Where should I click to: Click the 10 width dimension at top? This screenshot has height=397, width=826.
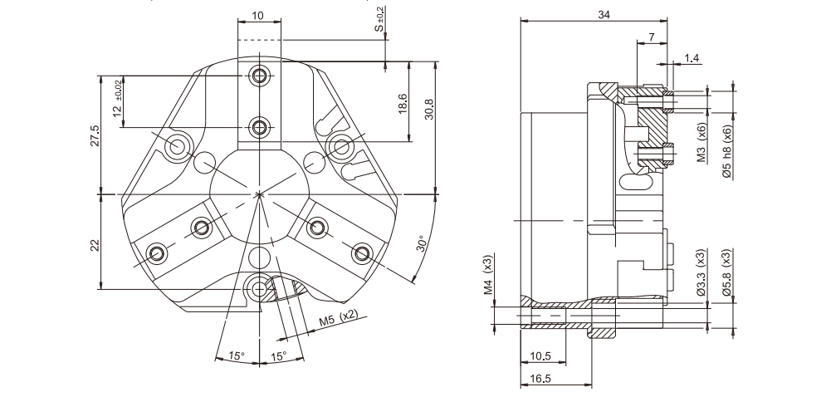(x=258, y=16)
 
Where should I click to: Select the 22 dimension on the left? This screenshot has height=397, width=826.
(x=95, y=244)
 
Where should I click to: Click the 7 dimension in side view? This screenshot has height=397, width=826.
(x=652, y=37)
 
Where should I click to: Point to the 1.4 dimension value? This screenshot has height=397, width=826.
(x=692, y=58)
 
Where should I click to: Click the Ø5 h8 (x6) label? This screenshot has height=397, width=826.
(x=726, y=151)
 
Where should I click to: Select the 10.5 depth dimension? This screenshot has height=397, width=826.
(x=540, y=355)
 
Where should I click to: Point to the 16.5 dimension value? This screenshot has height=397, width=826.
(x=540, y=379)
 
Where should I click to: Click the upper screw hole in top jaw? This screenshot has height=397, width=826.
(x=261, y=76)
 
